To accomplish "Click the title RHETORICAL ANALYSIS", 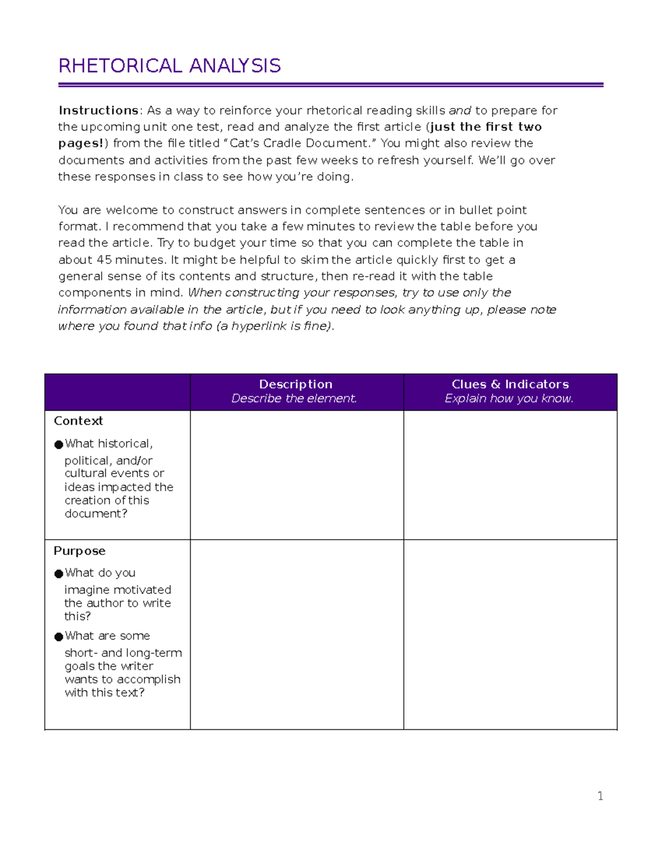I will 169,66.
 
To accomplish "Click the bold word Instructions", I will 98,110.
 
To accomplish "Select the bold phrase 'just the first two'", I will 486,127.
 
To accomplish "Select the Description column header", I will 296,384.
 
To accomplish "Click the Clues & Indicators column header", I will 510,384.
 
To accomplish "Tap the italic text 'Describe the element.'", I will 294,399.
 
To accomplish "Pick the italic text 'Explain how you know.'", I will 509,399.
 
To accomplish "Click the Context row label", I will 78,421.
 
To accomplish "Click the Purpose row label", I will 79,551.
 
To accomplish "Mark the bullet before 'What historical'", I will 58,445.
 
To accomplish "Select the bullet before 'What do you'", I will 58,574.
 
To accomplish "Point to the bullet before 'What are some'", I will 58,637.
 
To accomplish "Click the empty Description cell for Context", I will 297,475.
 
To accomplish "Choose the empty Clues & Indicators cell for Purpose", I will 510,634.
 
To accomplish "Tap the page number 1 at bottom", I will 600,796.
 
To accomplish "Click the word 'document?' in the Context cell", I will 96,514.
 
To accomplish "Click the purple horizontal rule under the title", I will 330,85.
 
